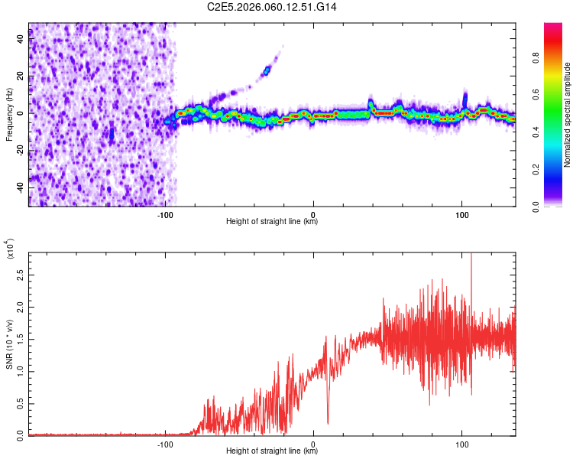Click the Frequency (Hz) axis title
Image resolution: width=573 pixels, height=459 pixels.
10,115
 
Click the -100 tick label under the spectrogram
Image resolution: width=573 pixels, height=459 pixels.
166,214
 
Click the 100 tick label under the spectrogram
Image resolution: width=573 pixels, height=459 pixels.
461,214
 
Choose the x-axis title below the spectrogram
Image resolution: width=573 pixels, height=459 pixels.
272,222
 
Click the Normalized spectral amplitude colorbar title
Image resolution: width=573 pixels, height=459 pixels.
568,115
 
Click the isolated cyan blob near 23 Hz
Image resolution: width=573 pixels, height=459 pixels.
267,71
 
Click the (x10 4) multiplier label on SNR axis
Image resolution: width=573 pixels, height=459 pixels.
10,249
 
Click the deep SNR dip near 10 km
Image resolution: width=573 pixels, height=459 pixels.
328,422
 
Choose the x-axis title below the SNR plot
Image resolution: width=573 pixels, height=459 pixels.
272,451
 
